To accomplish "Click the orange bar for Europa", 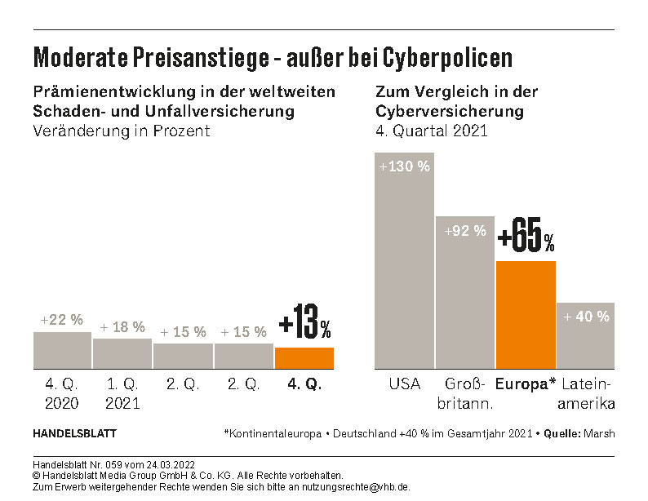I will coord(526,314).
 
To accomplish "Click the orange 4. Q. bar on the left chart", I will coord(304,357).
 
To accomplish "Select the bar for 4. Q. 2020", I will coord(62,350).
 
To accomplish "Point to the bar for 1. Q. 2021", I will coord(122,352).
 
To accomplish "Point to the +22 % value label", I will coord(62,320).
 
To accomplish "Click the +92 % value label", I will coord(464,231).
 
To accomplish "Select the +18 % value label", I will coord(122,327).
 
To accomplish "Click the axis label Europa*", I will coord(526,384).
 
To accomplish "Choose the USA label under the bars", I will coord(404,384).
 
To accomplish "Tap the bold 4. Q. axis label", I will coord(304,384).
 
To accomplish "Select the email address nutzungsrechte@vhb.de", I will coord(358,486).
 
